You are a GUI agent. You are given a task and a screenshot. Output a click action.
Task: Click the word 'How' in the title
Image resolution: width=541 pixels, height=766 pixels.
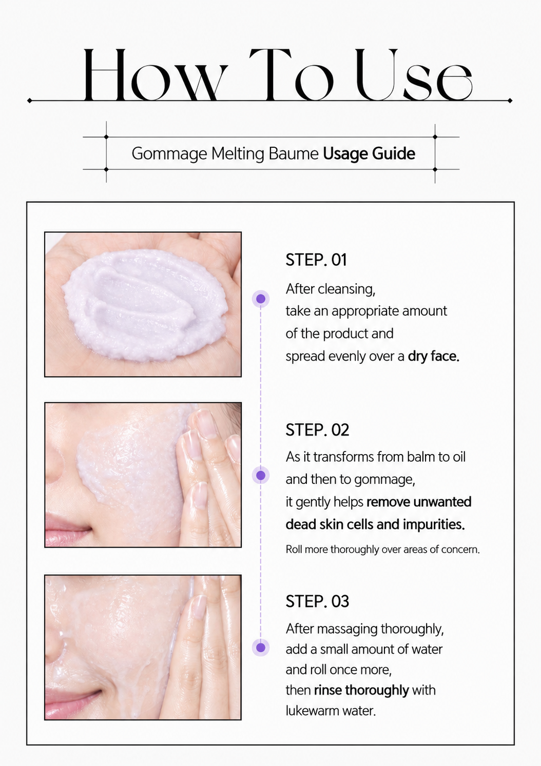(x=155, y=75)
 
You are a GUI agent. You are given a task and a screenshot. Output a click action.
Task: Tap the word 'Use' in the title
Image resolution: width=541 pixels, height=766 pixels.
(x=414, y=75)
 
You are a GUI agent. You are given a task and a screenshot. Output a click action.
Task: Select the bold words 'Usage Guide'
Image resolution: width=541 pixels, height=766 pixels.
(x=369, y=153)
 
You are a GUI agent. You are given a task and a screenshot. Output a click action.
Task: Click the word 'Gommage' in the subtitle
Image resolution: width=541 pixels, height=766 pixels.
(x=169, y=154)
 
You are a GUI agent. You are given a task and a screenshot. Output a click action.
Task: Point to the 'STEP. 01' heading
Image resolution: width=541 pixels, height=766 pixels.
(x=316, y=260)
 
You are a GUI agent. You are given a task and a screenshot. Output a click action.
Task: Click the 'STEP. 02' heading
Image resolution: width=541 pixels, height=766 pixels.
(x=317, y=430)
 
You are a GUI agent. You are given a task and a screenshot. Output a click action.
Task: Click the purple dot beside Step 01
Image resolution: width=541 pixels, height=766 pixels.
(x=261, y=299)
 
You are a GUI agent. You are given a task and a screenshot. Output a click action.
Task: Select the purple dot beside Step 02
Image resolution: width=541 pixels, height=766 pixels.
(x=261, y=475)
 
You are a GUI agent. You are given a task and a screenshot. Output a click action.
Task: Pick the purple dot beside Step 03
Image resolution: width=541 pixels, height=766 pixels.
(x=261, y=647)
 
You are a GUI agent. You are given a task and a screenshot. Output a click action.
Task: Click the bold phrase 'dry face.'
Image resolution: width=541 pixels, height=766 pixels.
(x=434, y=357)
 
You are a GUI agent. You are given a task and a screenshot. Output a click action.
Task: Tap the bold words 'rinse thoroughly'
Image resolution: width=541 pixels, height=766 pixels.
(x=361, y=691)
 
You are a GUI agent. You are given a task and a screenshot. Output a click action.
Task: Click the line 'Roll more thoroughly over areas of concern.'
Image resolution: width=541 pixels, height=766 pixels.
(x=382, y=549)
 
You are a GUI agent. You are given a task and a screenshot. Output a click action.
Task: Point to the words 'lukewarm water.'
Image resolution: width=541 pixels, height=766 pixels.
(x=331, y=711)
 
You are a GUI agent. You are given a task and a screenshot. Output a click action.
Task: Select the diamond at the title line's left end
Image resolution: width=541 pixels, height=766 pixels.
(x=29, y=101)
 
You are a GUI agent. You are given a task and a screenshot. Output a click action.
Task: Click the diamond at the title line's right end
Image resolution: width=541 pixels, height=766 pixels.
(x=510, y=101)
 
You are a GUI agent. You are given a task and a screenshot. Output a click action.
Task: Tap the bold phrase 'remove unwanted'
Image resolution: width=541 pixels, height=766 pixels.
(x=419, y=502)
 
